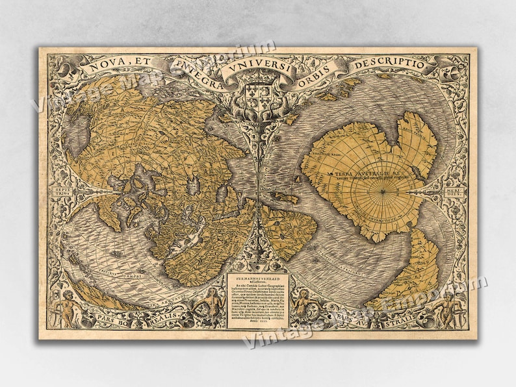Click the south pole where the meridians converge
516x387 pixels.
(x=384, y=192)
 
